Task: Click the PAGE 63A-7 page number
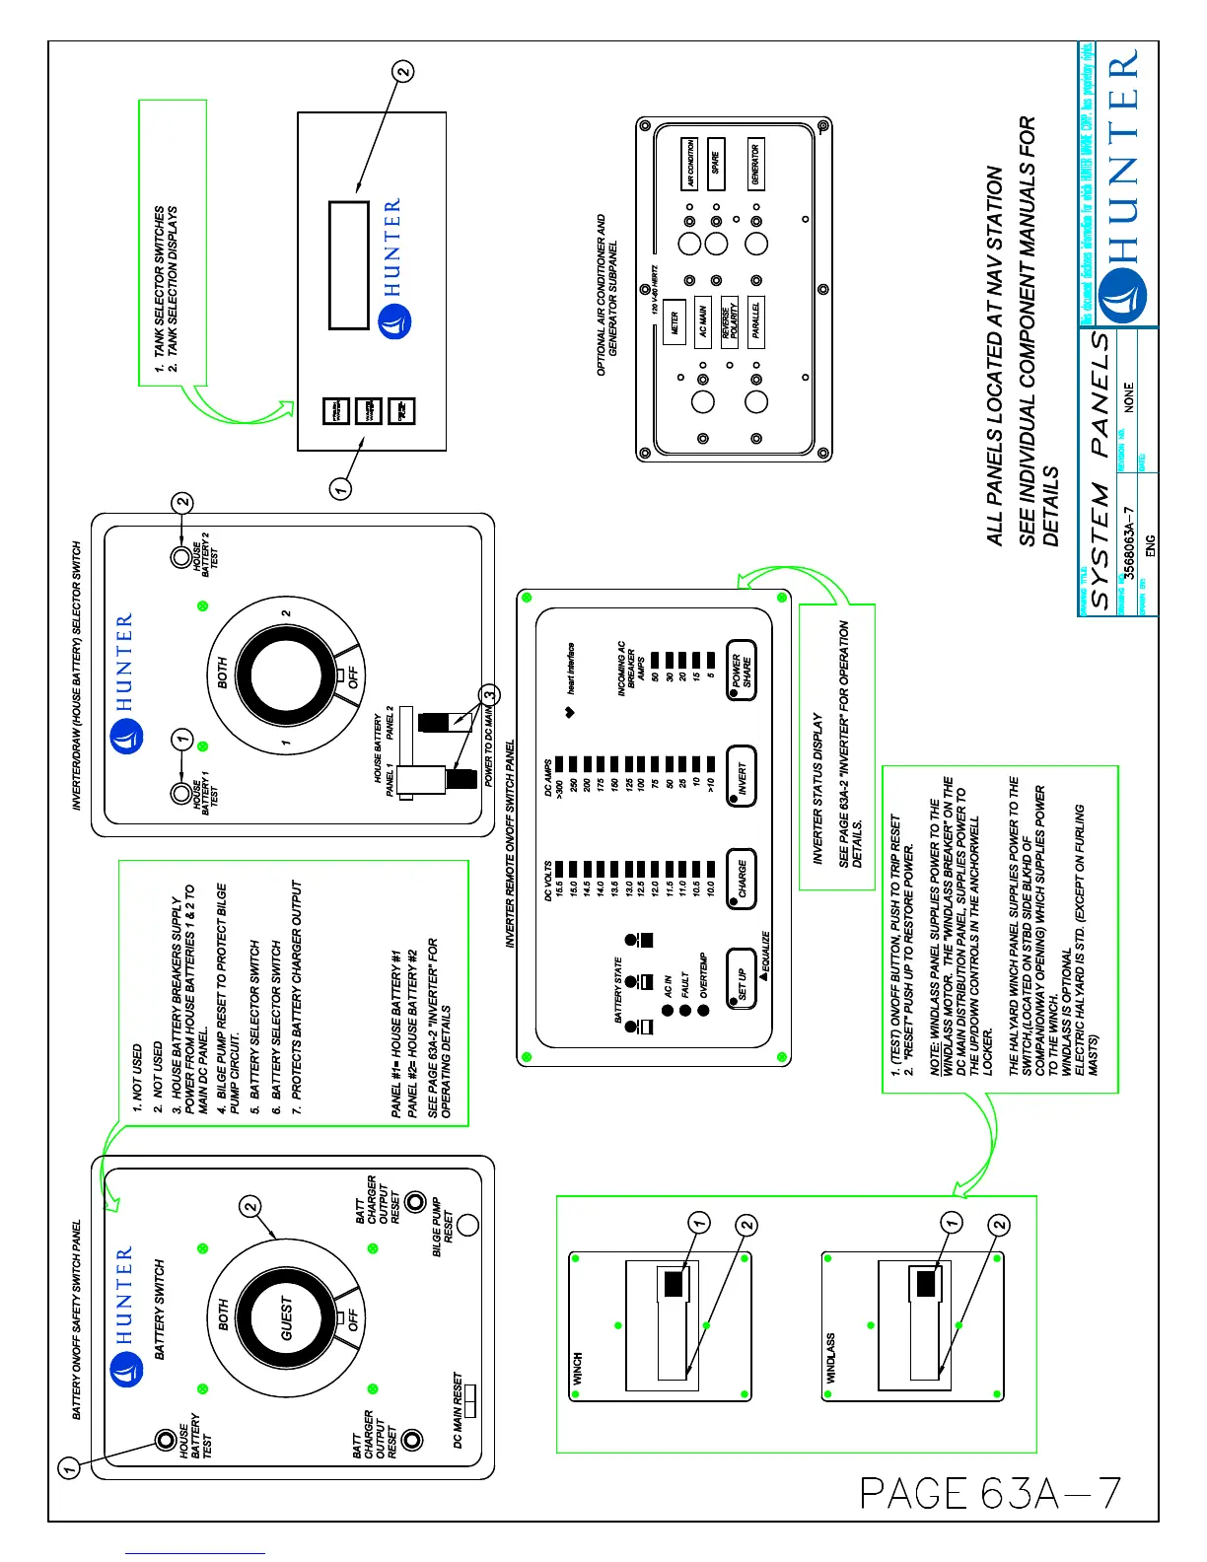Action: tap(991, 1493)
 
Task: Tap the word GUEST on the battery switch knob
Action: tap(286, 1317)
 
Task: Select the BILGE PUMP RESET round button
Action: tap(468, 1224)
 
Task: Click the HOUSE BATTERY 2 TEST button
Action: tap(181, 558)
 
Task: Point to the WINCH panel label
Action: tap(578, 1368)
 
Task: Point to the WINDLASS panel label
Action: tap(830, 1358)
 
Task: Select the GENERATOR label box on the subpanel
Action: tap(755, 164)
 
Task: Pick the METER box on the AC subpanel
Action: tap(674, 322)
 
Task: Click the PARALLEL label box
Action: tap(756, 321)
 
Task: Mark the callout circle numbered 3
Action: tap(490, 695)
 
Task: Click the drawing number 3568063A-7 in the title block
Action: tap(1130, 542)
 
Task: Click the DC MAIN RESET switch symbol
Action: tap(469, 1400)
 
